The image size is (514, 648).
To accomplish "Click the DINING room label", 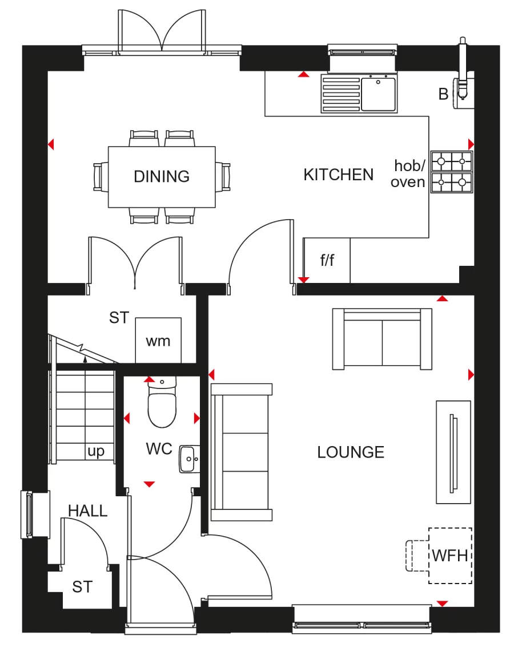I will [x=162, y=176].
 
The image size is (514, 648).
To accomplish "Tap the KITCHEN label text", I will [x=338, y=175].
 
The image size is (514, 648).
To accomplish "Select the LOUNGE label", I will [x=351, y=452].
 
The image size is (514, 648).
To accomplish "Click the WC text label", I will [x=159, y=449].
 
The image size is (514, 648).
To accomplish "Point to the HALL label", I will [x=87, y=511].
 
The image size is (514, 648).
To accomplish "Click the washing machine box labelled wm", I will [x=158, y=341].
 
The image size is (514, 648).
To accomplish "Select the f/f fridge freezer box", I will [x=327, y=261].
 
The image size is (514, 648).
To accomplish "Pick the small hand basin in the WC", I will [x=188, y=459].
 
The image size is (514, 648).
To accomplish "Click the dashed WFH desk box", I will [x=450, y=555].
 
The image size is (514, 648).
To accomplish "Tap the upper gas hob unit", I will [x=452, y=161].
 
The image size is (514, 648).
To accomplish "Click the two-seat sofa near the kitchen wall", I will [x=382, y=339].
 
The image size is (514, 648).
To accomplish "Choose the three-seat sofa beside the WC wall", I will [x=242, y=452].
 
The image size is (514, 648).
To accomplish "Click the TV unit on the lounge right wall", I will [x=453, y=452].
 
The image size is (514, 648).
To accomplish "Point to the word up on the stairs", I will [x=96, y=451].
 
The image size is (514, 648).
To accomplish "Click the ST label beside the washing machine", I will [x=119, y=318].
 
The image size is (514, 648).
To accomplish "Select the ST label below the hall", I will [x=82, y=586].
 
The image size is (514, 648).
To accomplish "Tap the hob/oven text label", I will [x=409, y=174].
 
